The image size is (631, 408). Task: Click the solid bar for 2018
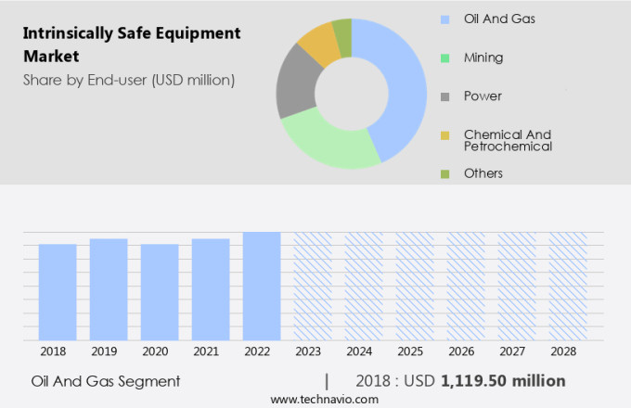(x=58, y=292)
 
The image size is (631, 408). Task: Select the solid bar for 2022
(x=262, y=287)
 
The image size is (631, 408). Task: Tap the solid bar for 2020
(x=160, y=292)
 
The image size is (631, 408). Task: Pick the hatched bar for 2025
(x=415, y=287)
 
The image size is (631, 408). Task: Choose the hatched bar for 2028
(x=568, y=287)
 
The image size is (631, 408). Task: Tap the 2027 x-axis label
(x=517, y=352)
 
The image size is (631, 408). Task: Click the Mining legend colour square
(x=445, y=57)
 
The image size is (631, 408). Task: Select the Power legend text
(x=483, y=96)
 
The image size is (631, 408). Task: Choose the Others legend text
(x=483, y=173)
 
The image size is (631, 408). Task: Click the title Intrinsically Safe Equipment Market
(x=131, y=45)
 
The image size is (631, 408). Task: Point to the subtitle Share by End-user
(x=129, y=80)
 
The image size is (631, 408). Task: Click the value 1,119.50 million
(x=503, y=381)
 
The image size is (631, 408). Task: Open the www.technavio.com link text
(x=325, y=399)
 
